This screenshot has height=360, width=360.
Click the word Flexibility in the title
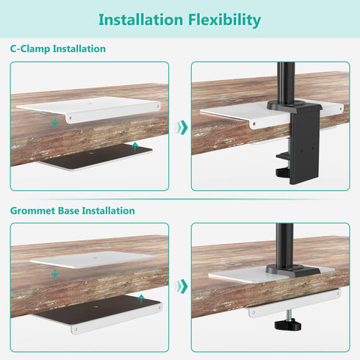[x=224, y=20]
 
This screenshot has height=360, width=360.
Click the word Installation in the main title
[x=141, y=20]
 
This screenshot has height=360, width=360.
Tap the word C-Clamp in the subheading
[x=30, y=48]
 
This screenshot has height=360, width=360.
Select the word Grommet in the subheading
[x=33, y=211]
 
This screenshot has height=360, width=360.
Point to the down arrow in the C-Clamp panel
[x=55, y=121]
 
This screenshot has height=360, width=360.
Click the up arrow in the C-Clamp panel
[x=134, y=146]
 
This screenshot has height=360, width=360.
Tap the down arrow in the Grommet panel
[x=55, y=273]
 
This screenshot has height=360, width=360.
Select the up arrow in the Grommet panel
[x=141, y=299]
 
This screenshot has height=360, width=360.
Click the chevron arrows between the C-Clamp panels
[x=181, y=127]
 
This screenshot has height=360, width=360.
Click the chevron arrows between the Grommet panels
[x=181, y=286]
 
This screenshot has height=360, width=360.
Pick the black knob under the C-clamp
[x=283, y=173]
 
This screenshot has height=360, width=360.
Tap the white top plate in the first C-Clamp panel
[x=89, y=109]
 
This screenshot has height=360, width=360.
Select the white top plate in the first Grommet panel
[x=93, y=259]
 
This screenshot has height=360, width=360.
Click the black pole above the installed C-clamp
[x=287, y=82]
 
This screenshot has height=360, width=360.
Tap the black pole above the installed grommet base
[x=284, y=244]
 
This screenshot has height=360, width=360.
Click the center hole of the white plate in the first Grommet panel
[x=95, y=258]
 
